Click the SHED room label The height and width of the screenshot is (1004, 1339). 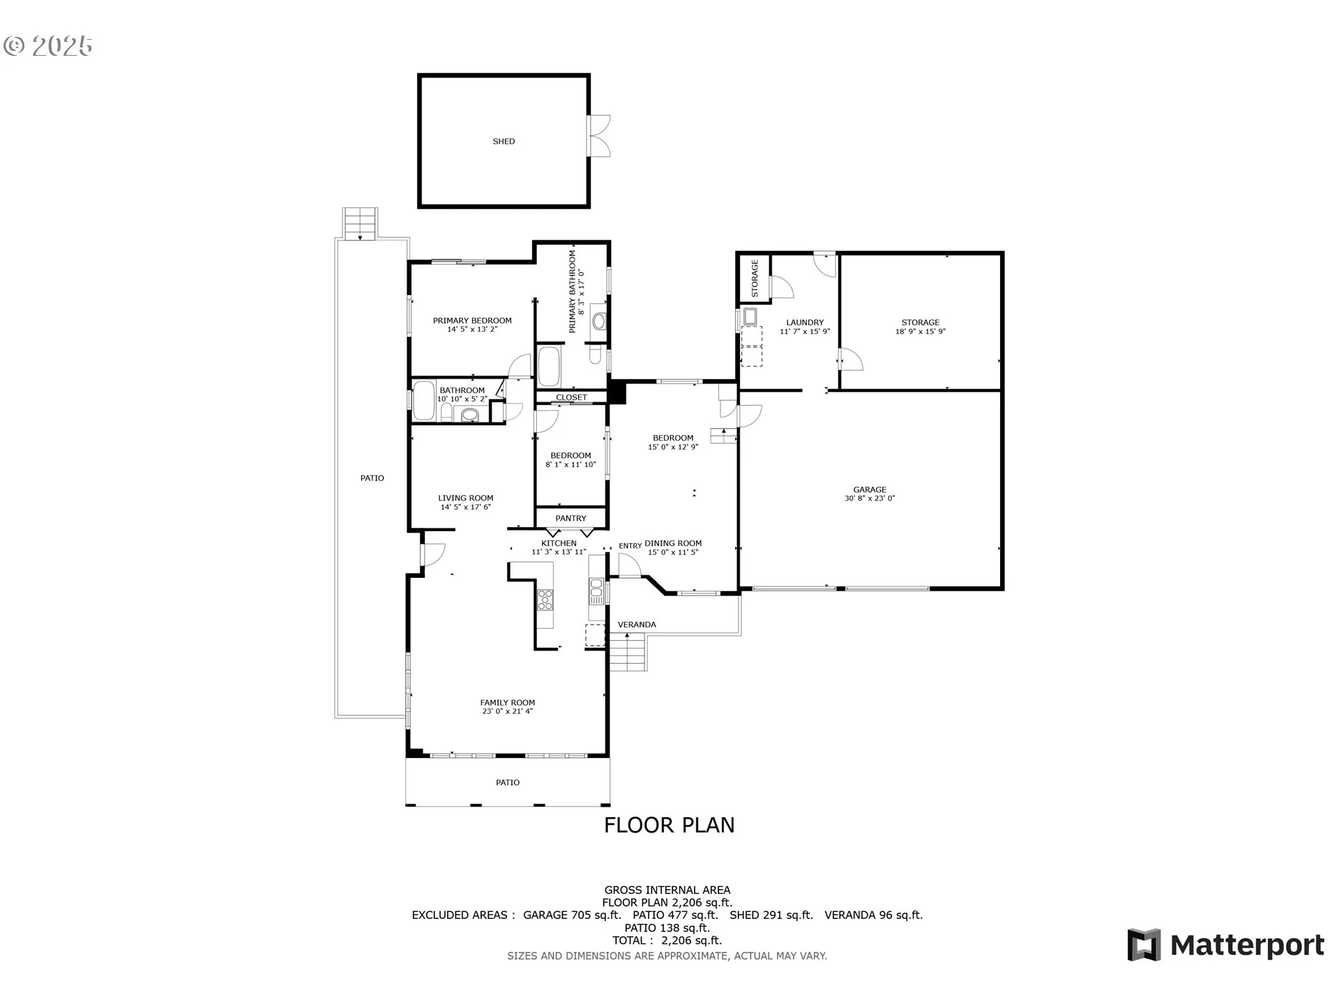[x=504, y=142]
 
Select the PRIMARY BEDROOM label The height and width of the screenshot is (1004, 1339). [x=472, y=321]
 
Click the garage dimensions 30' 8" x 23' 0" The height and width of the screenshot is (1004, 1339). [x=870, y=499]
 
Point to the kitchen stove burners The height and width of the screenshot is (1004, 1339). [x=545, y=599]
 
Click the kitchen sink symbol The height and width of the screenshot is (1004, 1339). [x=596, y=592]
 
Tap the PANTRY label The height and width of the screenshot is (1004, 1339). [x=570, y=518]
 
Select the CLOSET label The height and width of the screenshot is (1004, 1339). [x=571, y=397]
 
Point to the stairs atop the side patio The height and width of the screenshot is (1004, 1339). [x=360, y=223]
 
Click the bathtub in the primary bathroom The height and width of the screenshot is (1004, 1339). [x=549, y=367]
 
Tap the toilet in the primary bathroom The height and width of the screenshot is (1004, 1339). [x=595, y=355]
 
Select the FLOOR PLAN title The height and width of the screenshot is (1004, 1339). [x=669, y=825]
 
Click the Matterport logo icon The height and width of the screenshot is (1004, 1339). [x=1144, y=945]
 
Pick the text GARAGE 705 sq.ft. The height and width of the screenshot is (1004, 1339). [x=572, y=915]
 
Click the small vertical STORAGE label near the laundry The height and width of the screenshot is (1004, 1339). [x=755, y=278]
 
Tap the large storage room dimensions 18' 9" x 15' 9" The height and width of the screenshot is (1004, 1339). [x=921, y=332]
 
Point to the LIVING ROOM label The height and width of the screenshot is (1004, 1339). [x=465, y=498]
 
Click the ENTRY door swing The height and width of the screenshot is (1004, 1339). [x=628, y=565]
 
